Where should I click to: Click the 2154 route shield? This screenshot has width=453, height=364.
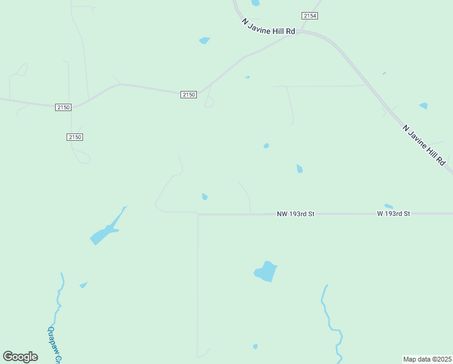[310, 15]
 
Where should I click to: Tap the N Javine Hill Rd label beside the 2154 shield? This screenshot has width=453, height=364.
[268, 26]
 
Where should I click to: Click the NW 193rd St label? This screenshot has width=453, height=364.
[296, 214]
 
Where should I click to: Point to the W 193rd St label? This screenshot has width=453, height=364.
[394, 214]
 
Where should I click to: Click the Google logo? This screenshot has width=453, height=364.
[21, 357]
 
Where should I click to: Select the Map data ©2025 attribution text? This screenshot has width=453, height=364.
[428, 359]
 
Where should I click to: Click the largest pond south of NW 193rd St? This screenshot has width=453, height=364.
[266, 271]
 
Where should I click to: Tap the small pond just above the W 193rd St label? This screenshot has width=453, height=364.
[389, 206]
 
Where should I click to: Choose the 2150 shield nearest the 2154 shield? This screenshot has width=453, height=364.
[189, 94]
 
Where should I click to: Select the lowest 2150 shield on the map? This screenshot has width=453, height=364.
[74, 137]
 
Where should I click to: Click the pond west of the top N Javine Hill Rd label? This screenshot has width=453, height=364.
[205, 41]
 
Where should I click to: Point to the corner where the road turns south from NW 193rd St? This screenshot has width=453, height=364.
[197, 214]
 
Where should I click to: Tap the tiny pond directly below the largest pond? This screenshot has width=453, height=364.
[255, 346]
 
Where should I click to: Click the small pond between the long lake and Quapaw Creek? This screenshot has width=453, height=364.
[83, 285]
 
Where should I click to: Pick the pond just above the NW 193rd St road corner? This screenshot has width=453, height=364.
[205, 197]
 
